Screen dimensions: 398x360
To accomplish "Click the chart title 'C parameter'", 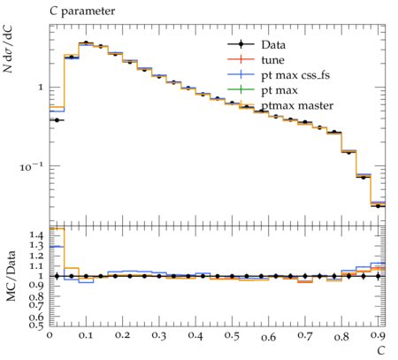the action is coord(82,11).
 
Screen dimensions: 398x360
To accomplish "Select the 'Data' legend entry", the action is coord(273,45).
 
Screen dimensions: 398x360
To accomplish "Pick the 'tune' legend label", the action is coord(272,60).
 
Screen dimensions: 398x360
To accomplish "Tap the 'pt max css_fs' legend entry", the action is coord(295,75).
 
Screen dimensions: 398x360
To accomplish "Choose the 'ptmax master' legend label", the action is coord(297,105).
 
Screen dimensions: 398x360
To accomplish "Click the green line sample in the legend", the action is coord(241,90).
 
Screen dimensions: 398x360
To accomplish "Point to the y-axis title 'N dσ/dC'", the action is coord(8,49).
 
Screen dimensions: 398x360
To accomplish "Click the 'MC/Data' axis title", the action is coord(11,276).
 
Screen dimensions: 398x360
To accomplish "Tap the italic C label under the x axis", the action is coord(381,351).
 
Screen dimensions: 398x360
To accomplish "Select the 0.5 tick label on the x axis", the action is coord(232,335).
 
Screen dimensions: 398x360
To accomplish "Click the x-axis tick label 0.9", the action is coord(378,335).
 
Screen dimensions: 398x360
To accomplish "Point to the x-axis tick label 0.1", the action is coord(86,335).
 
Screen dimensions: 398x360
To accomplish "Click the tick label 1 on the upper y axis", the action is coord(40,88).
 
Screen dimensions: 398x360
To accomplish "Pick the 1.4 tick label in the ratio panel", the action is coord(36,235).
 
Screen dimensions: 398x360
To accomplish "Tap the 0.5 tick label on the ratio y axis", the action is coord(36,325).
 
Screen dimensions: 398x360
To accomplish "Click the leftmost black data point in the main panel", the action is coord(57,120).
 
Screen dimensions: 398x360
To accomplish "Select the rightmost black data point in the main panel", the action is coord(378,206).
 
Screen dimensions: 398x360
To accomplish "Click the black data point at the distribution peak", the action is coord(86,43).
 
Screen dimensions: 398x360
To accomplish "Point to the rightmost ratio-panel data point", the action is coord(378,276).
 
